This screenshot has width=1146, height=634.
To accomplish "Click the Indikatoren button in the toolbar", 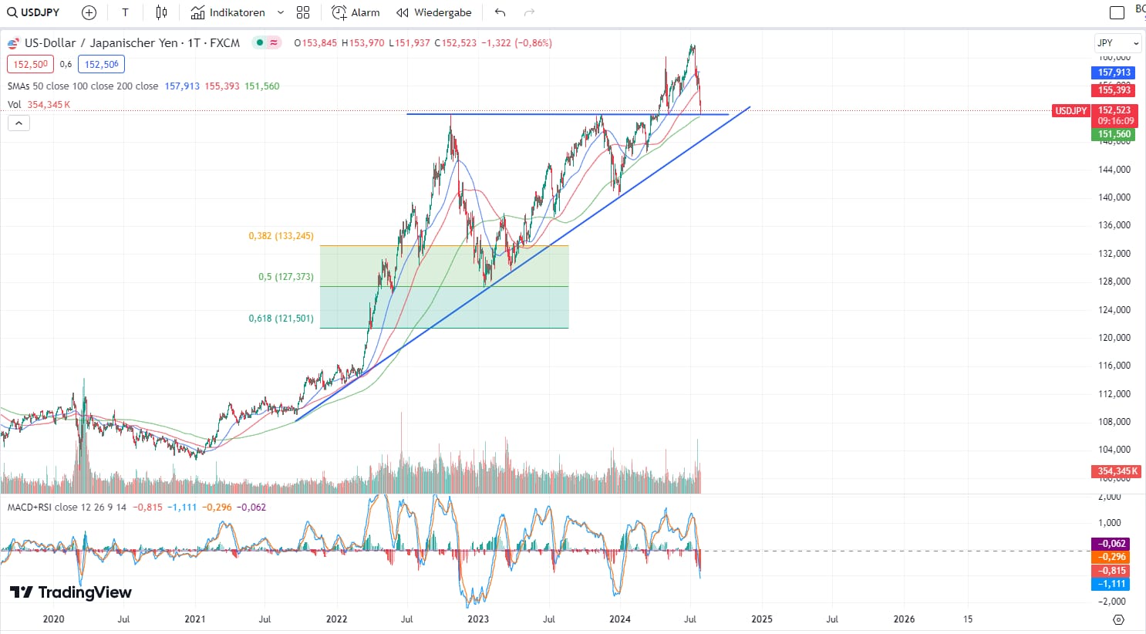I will coord(228,12).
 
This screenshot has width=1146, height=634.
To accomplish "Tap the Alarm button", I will coord(356,12).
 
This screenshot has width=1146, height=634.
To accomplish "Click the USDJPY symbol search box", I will coord(34,12).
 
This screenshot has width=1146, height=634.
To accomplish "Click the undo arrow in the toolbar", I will coord(500,12).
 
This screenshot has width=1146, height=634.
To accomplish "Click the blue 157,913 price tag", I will coord(1114,73).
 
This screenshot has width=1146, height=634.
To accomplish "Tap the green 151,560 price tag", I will coord(1114,134).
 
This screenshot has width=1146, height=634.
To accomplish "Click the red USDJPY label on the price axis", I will coord(1071,111).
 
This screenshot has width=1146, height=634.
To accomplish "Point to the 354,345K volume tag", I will coord(1114,471).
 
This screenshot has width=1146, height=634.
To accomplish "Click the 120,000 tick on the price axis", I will coord(1114,338).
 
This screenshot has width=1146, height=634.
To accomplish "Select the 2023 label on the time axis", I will coord(478,619).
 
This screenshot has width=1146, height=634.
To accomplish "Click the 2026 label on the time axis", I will coord(904,619).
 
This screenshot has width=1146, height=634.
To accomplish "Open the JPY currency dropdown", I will coord(1117,43).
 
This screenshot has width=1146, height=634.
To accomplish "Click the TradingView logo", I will coord(71,592).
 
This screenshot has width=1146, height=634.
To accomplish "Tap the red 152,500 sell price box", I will coord(30,65).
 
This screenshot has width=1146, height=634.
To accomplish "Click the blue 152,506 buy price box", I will coord(101,65).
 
